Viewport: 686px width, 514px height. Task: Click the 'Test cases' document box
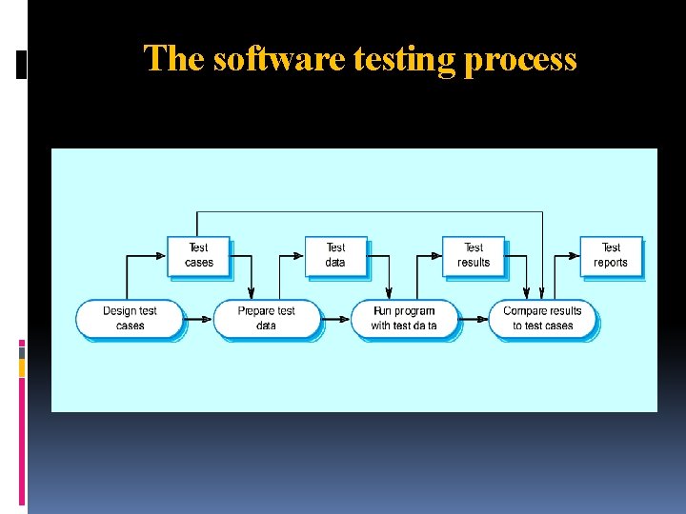(x=199, y=255)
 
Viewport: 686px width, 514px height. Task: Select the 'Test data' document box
(x=335, y=255)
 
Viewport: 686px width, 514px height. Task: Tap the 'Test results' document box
(x=474, y=255)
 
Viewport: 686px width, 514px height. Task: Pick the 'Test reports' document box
(x=611, y=255)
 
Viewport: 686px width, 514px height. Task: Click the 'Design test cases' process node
(x=130, y=318)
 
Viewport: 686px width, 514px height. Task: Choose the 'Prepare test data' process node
(x=267, y=318)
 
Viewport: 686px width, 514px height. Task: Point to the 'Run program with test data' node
(x=404, y=318)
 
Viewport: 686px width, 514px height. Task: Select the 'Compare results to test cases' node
(x=542, y=318)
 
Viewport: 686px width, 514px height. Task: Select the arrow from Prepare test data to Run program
(x=336, y=318)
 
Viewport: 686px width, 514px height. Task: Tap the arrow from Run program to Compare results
(x=474, y=318)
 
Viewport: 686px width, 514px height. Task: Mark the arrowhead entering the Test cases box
(x=163, y=255)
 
